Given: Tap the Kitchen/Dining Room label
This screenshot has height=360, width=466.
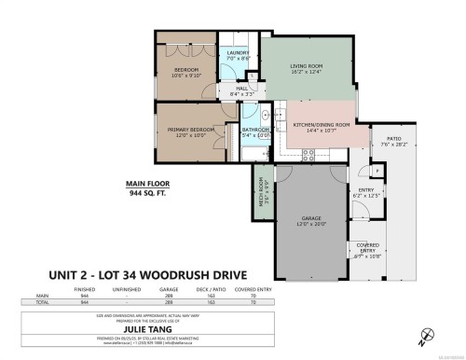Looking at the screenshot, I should (x=322, y=124).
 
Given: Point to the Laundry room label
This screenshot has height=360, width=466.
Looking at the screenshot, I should (x=239, y=53).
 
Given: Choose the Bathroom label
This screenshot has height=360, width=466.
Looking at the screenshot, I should (x=255, y=132).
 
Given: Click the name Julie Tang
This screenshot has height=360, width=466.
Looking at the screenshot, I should (x=233, y=328).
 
